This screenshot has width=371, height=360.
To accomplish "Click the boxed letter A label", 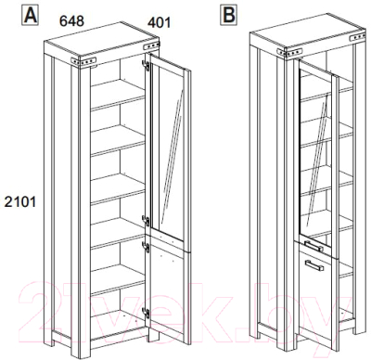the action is pos(30,16).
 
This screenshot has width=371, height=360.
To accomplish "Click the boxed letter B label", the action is pos(228,16).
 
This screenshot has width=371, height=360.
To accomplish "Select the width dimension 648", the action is pos(71,21).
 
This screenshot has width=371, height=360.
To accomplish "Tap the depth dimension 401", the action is pos(159,22).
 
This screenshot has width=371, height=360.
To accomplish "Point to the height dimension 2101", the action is pos(20,202).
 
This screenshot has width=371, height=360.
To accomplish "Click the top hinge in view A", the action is pos(146,65).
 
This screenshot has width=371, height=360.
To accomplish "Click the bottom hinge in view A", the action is pos(146,313).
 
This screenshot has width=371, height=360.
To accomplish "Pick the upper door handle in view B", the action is pos(313,246).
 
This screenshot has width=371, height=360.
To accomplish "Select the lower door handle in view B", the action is pos(314,266).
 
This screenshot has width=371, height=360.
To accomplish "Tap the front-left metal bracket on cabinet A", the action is pos(83,61).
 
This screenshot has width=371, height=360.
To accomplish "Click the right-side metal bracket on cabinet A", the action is pos(151,46).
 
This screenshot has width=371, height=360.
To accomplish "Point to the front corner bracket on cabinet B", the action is pos(289,52).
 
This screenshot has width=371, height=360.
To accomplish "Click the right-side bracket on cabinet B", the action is pos(357,38).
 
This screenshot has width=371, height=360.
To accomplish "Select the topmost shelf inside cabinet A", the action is pos(118,95).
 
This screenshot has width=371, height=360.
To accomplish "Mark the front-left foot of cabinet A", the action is pos(81,347).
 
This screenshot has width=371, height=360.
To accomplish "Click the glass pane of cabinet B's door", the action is pos(315,155).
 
